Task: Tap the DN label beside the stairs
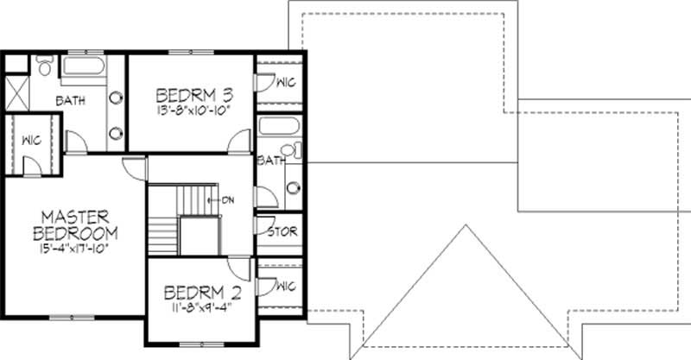pos(229,199)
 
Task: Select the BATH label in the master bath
pos(71,101)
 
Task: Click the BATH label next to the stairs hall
pos(269,161)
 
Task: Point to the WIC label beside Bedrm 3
pos(286,84)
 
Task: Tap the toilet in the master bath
pos(44,66)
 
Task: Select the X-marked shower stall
pos(18,91)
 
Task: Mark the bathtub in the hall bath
pos(279,129)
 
